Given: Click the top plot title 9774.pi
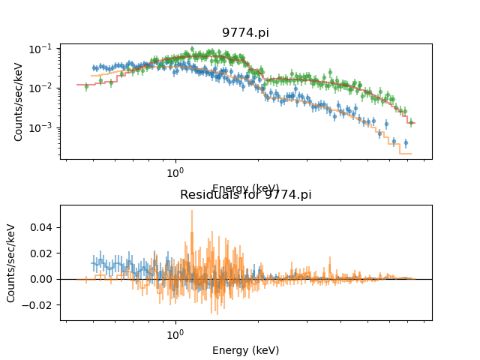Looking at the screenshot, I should tap(245, 33).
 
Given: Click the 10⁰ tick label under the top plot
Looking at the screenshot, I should tap(175, 172).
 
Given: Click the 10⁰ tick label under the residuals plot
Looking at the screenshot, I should tap(175, 333).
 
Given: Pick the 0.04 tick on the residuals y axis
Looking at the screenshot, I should tap(43, 227).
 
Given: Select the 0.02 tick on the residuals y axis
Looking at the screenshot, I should tap(43, 253).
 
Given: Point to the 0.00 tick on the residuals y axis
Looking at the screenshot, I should tap(43, 279).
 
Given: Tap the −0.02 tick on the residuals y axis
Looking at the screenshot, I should tap(40, 305).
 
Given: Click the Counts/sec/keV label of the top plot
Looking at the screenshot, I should tap(19, 101).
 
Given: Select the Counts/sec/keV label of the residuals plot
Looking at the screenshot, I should tap(11, 262).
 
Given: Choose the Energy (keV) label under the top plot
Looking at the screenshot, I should tap(245, 188).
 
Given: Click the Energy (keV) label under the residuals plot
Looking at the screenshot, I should tap(245, 350).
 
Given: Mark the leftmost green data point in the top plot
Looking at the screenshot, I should tap(86, 86).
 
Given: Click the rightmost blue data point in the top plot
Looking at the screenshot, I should tap(406, 142).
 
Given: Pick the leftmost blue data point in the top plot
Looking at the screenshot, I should tap(94, 67).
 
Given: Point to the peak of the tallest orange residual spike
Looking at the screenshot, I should tap(191, 211).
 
